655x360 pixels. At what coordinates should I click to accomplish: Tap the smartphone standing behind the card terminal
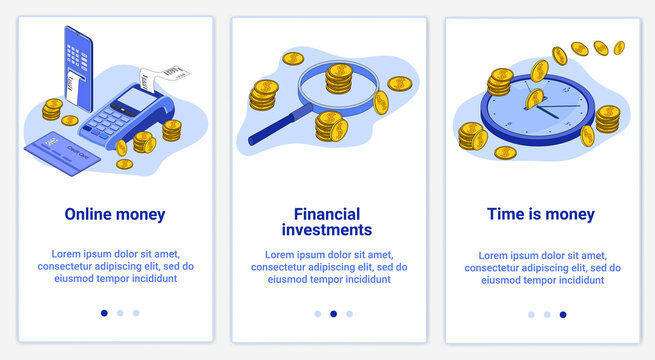point(75,60)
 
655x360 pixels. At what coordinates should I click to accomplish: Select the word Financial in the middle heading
point(327,214)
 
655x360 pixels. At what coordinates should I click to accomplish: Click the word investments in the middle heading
point(327,230)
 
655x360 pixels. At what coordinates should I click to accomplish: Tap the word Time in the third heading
point(505,214)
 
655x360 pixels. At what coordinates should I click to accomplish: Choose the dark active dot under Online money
point(104,313)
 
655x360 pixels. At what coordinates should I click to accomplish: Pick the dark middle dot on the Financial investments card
point(333,313)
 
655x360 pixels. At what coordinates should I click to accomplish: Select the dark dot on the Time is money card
point(563,314)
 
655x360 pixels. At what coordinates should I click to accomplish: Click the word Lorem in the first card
point(64,254)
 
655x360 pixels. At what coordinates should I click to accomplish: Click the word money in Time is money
point(571,214)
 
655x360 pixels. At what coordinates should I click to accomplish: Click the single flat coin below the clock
point(505,153)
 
